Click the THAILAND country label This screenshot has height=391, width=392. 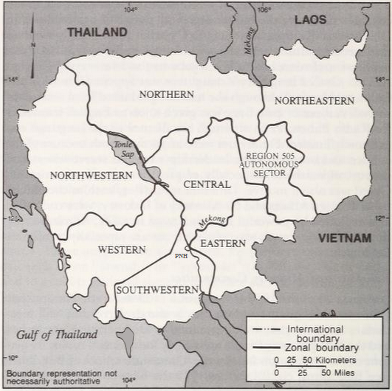[97, 32]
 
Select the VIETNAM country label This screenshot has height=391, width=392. [344, 238]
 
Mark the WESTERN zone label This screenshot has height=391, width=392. [121, 249]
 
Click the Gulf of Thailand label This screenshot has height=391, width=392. [58, 334]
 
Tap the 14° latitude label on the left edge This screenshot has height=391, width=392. [12, 78]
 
